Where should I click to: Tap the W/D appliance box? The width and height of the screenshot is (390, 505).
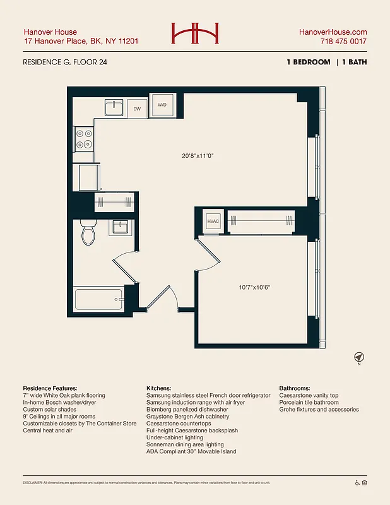point(162,104)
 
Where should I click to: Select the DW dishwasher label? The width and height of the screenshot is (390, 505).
point(137,109)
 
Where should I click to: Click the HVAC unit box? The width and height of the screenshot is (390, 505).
point(213,221)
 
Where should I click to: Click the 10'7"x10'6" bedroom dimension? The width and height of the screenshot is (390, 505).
point(254,288)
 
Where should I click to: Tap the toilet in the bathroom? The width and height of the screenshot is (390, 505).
point(88,234)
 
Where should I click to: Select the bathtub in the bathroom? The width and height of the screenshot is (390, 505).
point(98,299)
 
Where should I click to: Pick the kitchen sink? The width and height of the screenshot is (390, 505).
point(114,108)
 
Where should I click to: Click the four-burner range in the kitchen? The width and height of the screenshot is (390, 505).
point(83,139)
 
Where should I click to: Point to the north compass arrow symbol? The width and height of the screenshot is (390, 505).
point(358,357)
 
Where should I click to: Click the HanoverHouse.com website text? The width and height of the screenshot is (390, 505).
point(333,32)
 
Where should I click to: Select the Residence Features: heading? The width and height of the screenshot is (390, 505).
point(50,388)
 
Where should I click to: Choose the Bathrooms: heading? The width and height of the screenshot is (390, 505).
point(294,388)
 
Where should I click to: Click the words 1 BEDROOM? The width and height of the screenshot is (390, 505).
point(307,62)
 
